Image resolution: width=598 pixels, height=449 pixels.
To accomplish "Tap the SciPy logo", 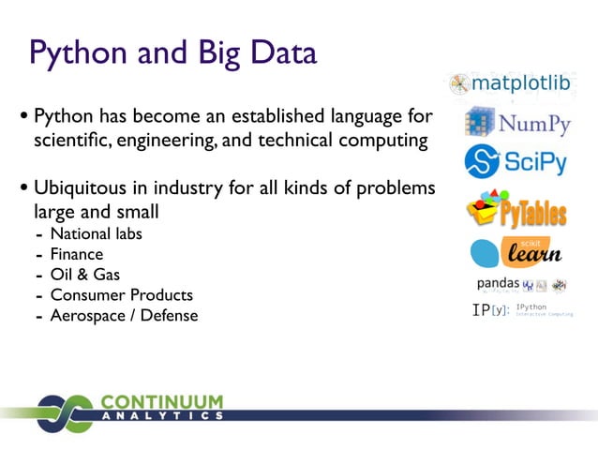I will [x=516, y=161].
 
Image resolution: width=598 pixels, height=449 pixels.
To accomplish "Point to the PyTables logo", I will [x=516, y=210].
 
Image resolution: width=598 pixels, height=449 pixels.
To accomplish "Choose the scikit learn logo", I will [x=516, y=251].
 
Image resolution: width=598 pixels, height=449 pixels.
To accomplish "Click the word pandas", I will [x=499, y=282].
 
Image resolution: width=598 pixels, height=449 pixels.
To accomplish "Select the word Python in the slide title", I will [x=74, y=52].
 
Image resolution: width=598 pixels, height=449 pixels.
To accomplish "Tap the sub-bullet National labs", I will [x=96, y=233].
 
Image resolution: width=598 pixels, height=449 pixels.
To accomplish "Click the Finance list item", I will [x=77, y=254].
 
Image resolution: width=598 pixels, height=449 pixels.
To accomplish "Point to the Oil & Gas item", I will [x=84, y=275].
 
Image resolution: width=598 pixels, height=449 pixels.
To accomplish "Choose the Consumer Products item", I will [x=121, y=295].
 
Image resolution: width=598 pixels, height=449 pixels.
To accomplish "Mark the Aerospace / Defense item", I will [x=124, y=316].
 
